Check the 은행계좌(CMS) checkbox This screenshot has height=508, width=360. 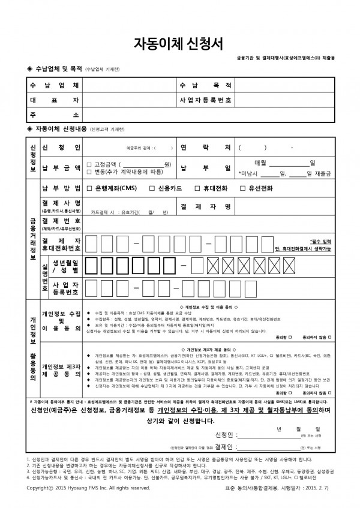(90, 188)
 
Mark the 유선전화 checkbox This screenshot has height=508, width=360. (243, 188)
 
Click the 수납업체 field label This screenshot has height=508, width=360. (53, 85)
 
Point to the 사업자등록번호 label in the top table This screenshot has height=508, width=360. (204, 100)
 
